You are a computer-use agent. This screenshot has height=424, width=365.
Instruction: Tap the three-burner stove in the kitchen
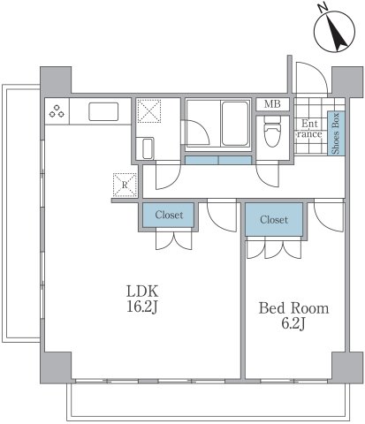pyautogui.click(x=58, y=112)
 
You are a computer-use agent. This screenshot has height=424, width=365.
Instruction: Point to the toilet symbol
pyautogui.click(x=273, y=135)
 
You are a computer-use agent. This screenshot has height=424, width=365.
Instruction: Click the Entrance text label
pyautogui.click(x=310, y=129)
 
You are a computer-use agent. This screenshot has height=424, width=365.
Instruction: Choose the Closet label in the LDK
pyautogui.click(x=169, y=215)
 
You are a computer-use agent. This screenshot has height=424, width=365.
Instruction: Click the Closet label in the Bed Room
pyautogui.click(x=274, y=220)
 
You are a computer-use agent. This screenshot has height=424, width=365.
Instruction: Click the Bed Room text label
pyautogui.click(x=293, y=308)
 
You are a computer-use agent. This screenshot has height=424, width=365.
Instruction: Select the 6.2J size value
pyautogui.click(x=293, y=325)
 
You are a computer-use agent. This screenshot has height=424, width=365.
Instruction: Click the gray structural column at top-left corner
pyautogui.click(x=52, y=79)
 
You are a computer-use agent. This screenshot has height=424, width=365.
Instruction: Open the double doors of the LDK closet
pyautogui.click(x=169, y=241)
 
